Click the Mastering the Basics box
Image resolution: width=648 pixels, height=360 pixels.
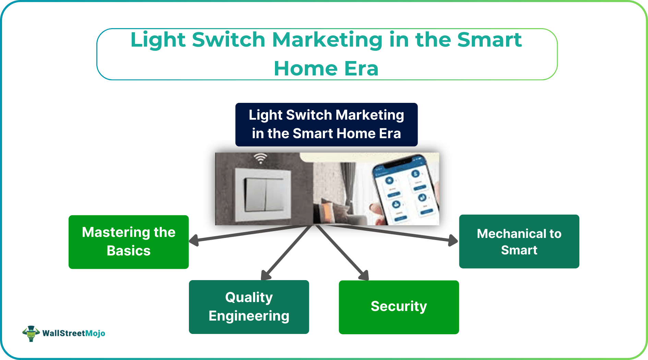129,242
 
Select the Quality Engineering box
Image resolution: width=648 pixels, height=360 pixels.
249,307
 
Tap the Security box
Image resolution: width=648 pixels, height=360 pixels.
399,307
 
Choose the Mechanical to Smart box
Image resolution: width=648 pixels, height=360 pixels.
519,241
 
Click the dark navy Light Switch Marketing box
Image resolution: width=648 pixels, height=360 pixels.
326,124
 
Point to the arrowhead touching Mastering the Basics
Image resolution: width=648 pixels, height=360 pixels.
194,240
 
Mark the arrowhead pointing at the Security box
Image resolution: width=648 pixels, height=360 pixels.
364,276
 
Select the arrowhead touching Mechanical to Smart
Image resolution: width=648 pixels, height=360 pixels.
453,240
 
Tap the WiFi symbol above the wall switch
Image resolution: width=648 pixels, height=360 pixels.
261,158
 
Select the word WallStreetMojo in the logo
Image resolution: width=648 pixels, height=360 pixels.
74,333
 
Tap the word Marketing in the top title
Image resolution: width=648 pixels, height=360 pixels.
327,40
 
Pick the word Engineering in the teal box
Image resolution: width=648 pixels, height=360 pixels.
249,316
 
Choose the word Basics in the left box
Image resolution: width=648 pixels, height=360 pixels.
129,251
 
